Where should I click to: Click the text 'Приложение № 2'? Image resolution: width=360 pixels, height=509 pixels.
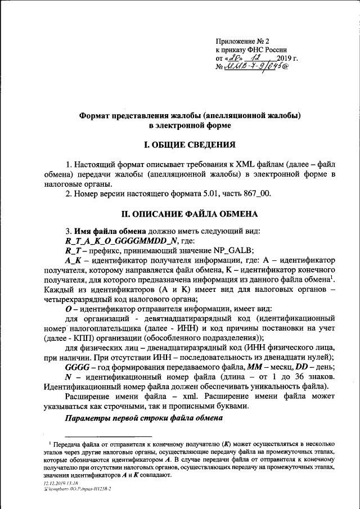pos(242,42)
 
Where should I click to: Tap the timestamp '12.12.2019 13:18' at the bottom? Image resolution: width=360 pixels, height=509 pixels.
pos(60,482)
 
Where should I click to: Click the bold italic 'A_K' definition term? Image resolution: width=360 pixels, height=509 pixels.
pos(75,260)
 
